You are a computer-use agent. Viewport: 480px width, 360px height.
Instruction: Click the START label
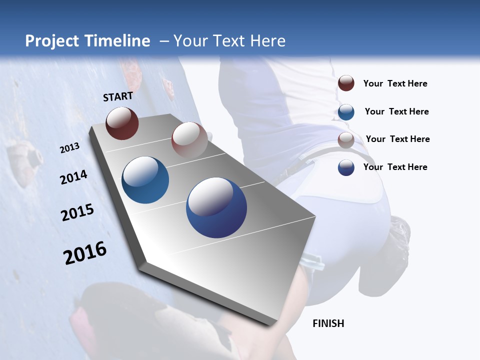(x=118, y=96)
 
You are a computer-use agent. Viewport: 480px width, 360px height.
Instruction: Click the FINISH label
(x=328, y=323)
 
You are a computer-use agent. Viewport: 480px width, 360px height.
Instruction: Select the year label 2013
(x=69, y=148)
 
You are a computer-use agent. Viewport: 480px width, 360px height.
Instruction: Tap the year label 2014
(x=73, y=177)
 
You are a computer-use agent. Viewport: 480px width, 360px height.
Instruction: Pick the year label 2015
(x=77, y=212)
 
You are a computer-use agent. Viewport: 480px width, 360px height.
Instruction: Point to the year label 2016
(x=85, y=252)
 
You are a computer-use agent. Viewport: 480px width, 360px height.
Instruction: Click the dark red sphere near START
(x=122, y=123)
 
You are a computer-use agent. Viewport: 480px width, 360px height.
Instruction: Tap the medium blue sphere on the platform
(x=145, y=180)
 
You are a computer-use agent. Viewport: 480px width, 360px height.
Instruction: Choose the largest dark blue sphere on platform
(x=216, y=207)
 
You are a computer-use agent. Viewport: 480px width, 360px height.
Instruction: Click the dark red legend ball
(x=346, y=83)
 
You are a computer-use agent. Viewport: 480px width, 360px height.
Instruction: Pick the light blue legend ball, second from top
(x=346, y=111)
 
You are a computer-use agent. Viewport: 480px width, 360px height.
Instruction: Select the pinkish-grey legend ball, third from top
(x=346, y=139)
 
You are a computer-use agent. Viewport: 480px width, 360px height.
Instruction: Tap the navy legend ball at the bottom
(x=346, y=167)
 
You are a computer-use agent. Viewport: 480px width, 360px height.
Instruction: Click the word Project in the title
(x=52, y=41)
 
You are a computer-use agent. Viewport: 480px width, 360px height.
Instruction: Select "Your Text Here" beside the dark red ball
(x=395, y=83)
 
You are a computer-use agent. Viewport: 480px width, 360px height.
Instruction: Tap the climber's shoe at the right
(x=399, y=235)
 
